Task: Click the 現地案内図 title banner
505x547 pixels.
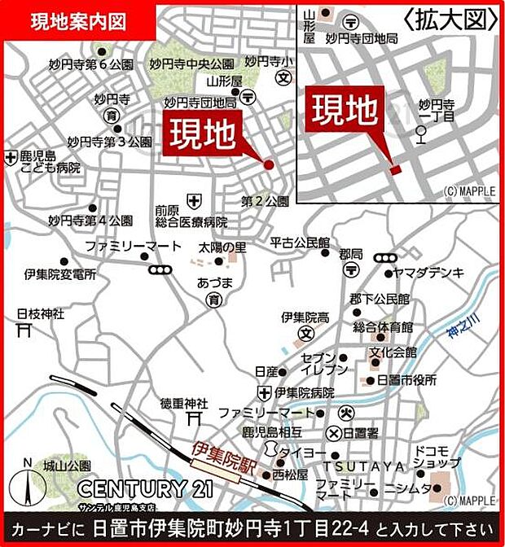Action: (x=78, y=22)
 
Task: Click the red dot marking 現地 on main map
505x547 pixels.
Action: (x=269, y=164)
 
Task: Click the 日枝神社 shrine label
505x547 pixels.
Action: (x=36, y=313)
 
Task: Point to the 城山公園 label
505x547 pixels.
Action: (x=68, y=466)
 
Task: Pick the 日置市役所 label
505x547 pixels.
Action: (x=407, y=380)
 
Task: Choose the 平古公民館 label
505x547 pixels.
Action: (x=299, y=242)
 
